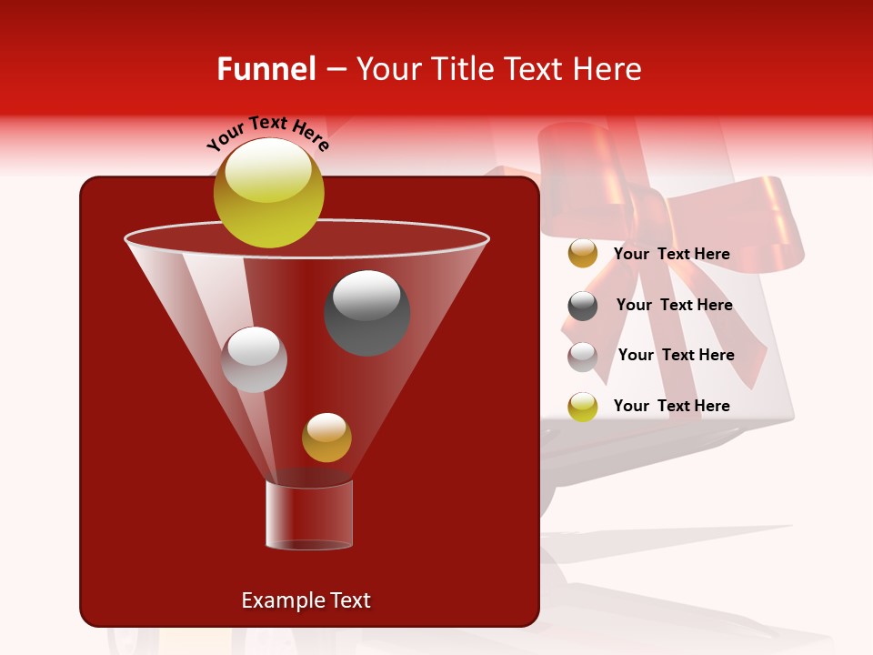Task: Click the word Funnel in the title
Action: tap(266, 69)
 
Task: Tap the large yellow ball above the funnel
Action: tap(268, 192)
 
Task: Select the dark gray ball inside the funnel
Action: tap(366, 313)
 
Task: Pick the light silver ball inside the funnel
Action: tap(254, 359)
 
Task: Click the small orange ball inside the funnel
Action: tap(326, 438)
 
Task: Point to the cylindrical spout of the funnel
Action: tap(308, 515)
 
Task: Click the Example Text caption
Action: tap(306, 600)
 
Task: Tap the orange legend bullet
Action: tap(582, 254)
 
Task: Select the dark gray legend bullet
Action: tap(582, 306)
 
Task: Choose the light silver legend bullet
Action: tap(582, 356)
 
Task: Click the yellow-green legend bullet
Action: tap(582, 407)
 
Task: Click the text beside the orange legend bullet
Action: tap(671, 254)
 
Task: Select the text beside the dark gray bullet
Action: tap(674, 305)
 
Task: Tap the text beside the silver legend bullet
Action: tap(676, 355)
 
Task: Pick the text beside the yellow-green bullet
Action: tap(671, 406)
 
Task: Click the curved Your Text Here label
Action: tap(267, 131)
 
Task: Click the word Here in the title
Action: tap(608, 69)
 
